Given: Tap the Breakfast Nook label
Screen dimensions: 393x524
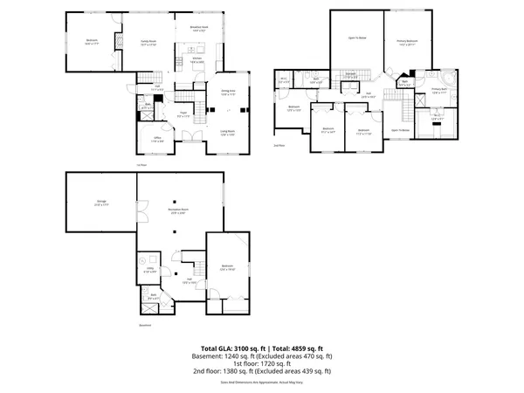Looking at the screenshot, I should point(199,29).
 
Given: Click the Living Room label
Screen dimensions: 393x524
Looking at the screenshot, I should point(227,134).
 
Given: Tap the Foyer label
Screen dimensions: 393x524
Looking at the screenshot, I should point(184,115).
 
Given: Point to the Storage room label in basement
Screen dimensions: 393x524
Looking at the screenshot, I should point(101,203).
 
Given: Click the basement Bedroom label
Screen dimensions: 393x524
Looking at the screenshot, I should point(228,267).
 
